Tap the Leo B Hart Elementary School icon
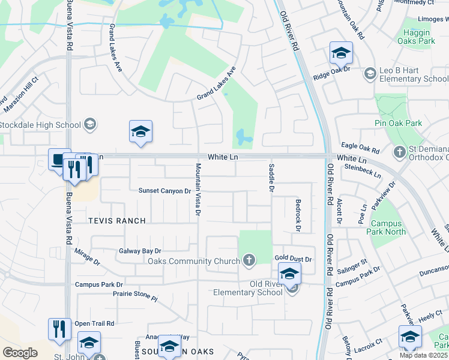(x=370, y=74)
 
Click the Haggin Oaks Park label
(x=416, y=37)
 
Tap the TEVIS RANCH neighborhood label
(x=116, y=221)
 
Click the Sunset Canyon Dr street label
(x=164, y=191)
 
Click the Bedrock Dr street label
(x=297, y=215)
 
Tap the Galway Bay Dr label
(x=140, y=251)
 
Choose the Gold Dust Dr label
(x=294, y=259)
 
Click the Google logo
(x=20, y=353)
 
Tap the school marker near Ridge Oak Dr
(x=341, y=53)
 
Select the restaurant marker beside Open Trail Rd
(x=59, y=329)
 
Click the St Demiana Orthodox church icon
(x=400, y=152)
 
